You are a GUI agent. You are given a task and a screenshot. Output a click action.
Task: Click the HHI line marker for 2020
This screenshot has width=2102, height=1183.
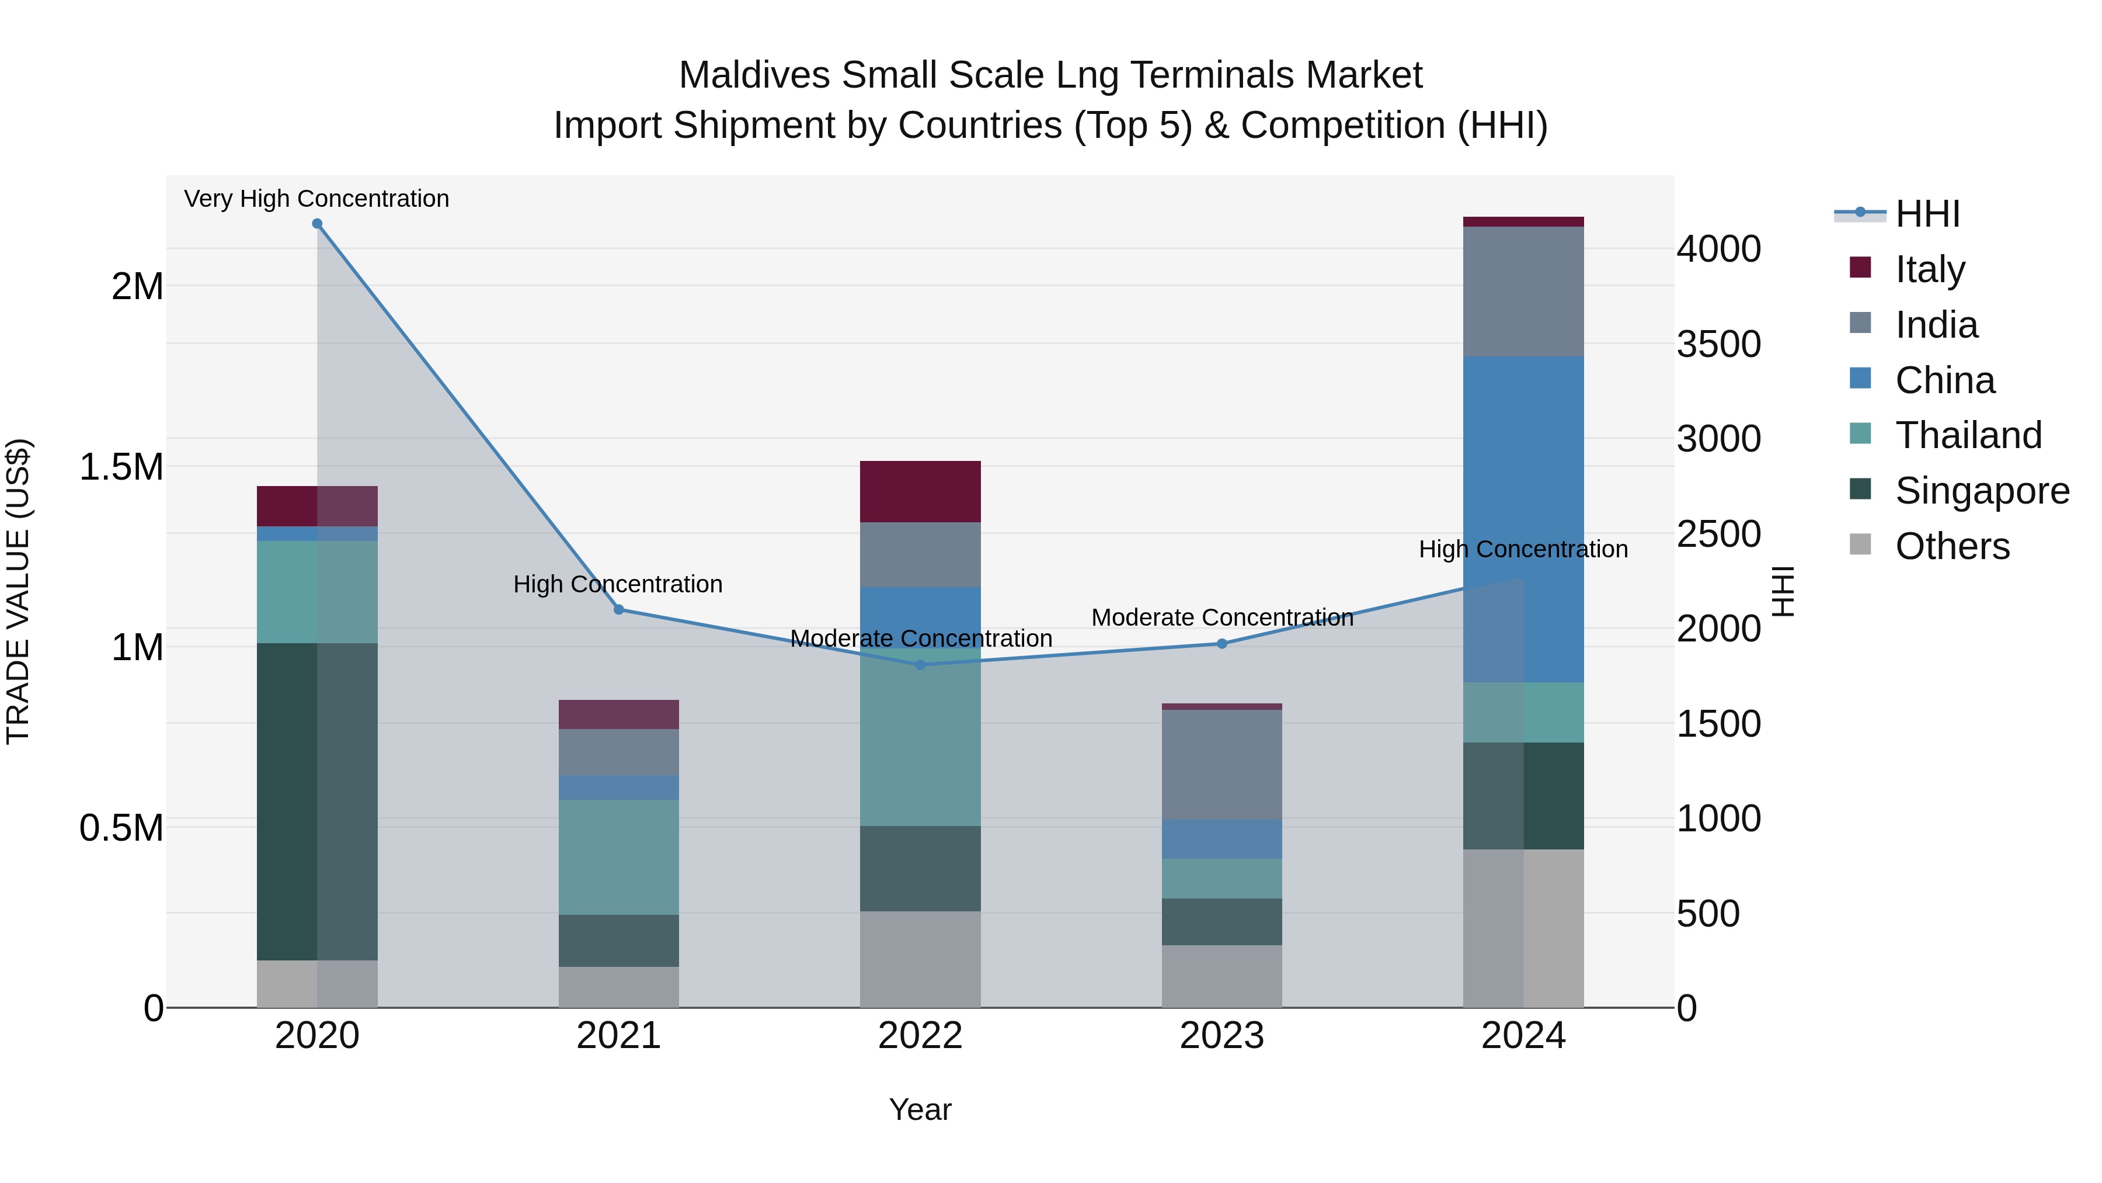pos(318,224)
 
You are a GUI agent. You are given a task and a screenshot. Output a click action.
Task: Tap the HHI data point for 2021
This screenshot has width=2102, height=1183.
pos(618,610)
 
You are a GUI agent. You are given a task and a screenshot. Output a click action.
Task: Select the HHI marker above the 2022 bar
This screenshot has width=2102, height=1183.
pos(920,665)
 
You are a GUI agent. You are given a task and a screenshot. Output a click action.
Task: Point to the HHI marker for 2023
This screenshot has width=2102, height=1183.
pos(1221,644)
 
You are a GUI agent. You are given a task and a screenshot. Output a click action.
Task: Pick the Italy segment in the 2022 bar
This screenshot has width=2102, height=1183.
pos(920,491)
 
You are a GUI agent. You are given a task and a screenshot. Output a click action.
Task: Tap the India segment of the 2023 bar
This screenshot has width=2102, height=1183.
pos(1221,764)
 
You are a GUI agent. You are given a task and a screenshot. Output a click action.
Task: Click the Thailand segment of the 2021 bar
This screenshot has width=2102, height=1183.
pos(618,857)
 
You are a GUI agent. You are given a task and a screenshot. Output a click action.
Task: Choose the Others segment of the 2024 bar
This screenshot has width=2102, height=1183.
pos(1523,928)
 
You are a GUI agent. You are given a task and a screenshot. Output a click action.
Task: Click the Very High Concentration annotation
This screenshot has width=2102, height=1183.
pos(316,199)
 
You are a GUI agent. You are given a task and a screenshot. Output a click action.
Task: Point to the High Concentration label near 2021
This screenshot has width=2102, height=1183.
pos(618,585)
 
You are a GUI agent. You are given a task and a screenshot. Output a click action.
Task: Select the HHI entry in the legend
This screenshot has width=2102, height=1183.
pos(1927,214)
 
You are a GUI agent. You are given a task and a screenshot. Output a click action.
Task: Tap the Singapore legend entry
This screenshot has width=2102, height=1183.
pos(1981,491)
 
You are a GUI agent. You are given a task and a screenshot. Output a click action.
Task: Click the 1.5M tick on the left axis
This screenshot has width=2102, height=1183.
pos(121,467)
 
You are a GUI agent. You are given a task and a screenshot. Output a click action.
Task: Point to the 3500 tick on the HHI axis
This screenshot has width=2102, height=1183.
pos(1718,344)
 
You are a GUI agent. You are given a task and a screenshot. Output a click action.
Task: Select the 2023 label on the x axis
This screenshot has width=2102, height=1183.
pos(1221,1036)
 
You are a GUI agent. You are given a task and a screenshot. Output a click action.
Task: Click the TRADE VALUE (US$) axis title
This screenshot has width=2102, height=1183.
pos(19,591)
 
